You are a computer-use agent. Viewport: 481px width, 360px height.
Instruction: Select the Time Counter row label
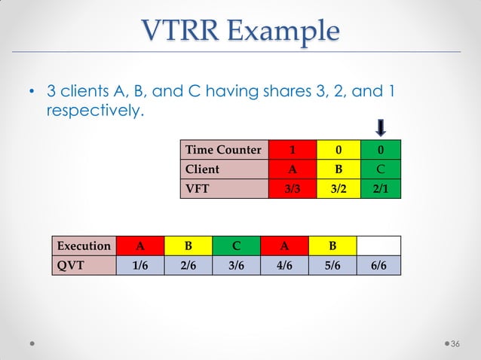tap(223, 150)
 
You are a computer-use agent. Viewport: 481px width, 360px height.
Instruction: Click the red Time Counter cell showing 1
tap(290, 150)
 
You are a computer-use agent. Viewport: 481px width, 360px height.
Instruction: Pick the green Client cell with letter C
tap(381, 169)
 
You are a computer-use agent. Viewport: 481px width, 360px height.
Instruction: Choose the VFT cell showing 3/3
tap(290, 188)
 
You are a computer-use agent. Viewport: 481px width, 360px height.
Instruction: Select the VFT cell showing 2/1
tap(381, 188)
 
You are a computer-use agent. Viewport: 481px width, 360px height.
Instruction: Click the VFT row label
tap(223, 188)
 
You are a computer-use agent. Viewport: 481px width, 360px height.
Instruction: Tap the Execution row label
tap(84, 246)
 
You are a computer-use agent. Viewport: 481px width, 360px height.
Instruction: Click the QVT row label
tap(84, 265)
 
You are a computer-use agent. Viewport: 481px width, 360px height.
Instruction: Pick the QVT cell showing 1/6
tap(139, 265)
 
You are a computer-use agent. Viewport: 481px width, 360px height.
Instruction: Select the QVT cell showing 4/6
tap(284, 265)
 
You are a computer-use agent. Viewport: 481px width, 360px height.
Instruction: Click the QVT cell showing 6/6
tap(379, 265)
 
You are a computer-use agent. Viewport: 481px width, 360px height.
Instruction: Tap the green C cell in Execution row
tap(236, 246)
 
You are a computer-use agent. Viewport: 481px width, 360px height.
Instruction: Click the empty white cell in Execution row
tap(379, 246)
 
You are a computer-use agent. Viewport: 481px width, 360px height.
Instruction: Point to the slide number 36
tap(455, 344)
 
